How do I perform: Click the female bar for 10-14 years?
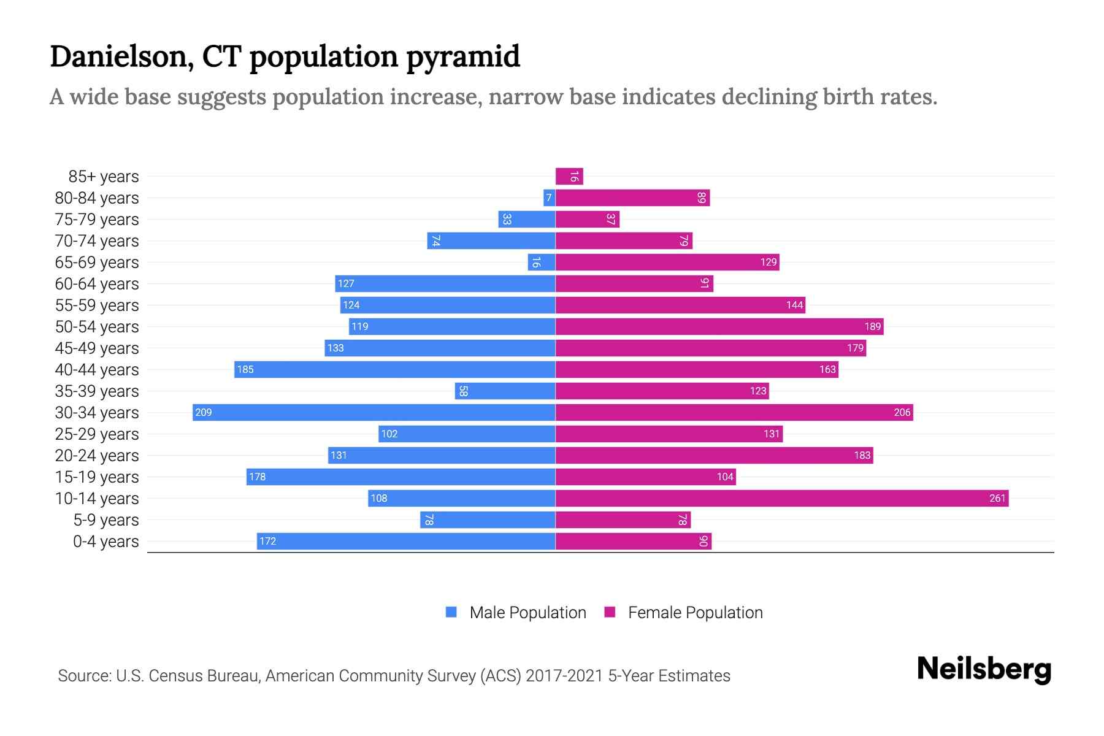(x=782, y=498)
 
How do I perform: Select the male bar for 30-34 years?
(x=374, y=412)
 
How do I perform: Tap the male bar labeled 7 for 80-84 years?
(x=549, y=197)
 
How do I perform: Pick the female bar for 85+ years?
(x=569, y=176)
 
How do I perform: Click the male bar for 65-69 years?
(x=542, y=262)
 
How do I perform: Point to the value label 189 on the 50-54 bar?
(x=872, y=326)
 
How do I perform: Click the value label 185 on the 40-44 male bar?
(x=245, y=369)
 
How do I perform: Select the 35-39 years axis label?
(x=97, y=391)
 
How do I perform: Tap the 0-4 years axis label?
(x=105, y=541)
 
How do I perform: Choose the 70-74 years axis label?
(x=97, y=240)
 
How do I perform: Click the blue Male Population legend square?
(x=451, y=612)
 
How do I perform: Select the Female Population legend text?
(x=695, y=612)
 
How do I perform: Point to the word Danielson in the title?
(x=122, y=56)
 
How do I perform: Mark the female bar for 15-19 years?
(x=645, y=477)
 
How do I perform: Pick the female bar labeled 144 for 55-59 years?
(x=680, y=305)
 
